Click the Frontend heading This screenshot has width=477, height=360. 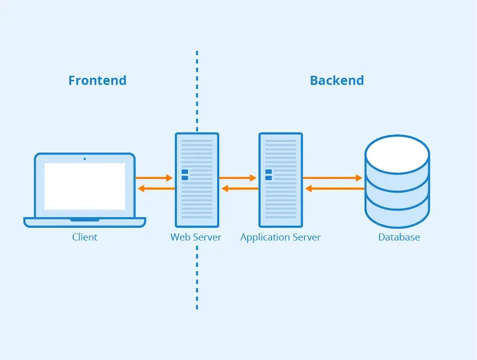tap(97, 80)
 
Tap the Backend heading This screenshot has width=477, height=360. tap(336, 80)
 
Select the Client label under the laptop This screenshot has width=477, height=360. tap(85, 237)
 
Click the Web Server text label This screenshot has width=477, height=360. tap(196, 237)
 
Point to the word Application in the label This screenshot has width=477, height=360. tap(261, 237)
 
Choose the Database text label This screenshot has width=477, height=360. tap(399, 237)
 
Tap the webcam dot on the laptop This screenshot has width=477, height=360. tap(85, 159)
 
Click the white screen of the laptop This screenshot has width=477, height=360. tap(85, 186)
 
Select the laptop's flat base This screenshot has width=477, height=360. tap(85, 222)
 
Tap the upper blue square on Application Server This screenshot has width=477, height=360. tap(268, 172)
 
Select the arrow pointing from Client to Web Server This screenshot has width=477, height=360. tap(154, 178)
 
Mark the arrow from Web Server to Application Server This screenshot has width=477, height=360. tap(237, 178)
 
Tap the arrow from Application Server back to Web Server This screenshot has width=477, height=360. tap(239, 188)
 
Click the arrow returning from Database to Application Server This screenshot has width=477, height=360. tap(334, 188)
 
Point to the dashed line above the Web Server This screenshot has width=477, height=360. tap(197, 89)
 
